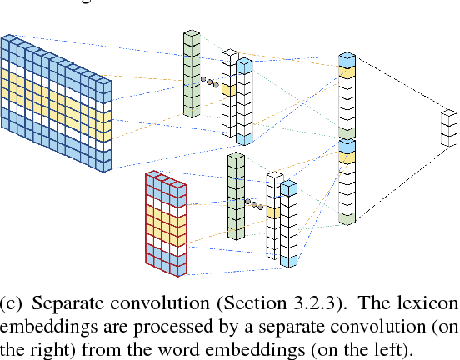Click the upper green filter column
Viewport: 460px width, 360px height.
coord(192,74)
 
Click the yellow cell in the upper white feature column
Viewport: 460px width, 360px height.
coord(228,89)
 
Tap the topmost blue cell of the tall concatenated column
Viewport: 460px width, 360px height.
coord(347,60)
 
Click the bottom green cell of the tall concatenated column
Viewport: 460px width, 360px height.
coord(347,217)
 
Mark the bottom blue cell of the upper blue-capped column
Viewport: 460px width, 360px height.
coord(243,137)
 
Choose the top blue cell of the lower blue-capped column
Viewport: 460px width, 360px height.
coord(288,189)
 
